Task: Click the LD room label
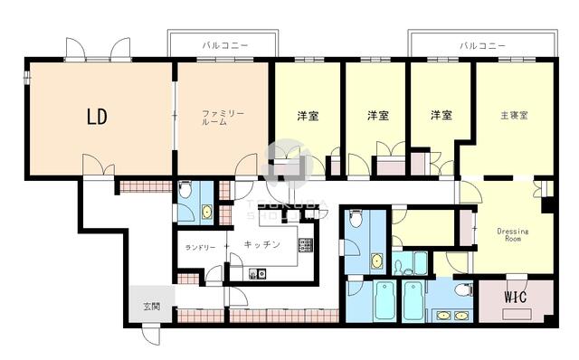[x=97, y=117]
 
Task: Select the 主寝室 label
[x=514, y=116]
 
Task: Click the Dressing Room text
[x=513, y=236]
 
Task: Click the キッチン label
[x=261, y=245]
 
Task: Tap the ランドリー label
[x=201, y=247]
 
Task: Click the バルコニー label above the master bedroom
[x=481, y=44]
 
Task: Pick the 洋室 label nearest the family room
[x=308, y=116]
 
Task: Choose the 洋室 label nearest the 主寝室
[x=441, y=116]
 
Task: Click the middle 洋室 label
[x=377, y=116]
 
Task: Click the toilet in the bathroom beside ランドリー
[x=185, y=191]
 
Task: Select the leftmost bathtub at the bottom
[x=384, y=301]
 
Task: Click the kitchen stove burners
[x=305, y=246]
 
